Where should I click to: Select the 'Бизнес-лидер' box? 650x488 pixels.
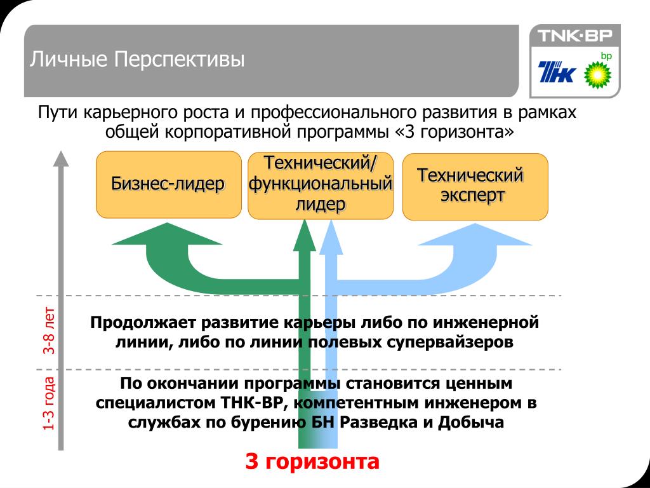168,184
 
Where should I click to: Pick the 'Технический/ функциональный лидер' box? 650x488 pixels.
320,185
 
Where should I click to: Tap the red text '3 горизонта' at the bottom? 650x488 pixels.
312,461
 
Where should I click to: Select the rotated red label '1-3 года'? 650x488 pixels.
50,404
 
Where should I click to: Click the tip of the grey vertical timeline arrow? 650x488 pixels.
60,156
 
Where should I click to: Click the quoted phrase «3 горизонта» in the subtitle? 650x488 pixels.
454,132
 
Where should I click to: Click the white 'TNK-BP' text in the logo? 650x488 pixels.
571,36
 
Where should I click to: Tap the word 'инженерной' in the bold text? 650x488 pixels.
492,322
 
